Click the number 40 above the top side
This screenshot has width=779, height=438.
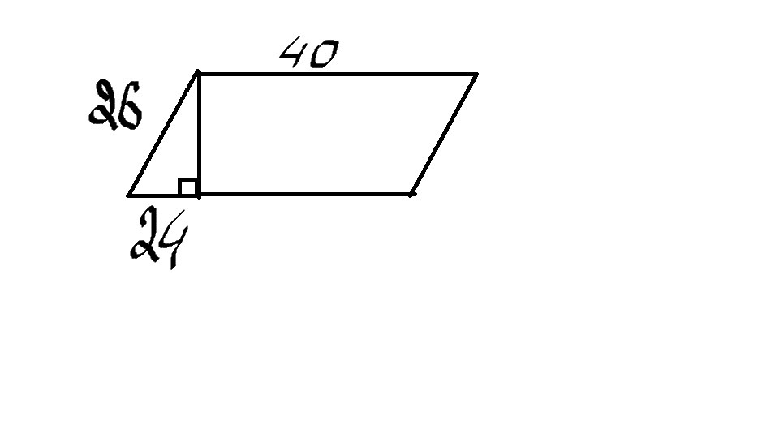pos(308,55)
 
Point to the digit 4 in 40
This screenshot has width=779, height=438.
pos(294,55)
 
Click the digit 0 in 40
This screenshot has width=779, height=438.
pos(322,55)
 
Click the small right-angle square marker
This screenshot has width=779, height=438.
pos(188,187)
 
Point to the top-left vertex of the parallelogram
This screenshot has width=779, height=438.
pos(198,74)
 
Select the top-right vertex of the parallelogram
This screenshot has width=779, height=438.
pos(476,74)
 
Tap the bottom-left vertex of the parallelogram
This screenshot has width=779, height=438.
pos(128,195)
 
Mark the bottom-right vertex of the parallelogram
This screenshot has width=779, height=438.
pos(412,194)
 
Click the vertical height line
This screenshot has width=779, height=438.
pos(198,130)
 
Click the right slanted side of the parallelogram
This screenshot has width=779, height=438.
pos(444,134)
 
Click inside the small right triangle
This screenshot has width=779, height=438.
pos(175,162)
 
